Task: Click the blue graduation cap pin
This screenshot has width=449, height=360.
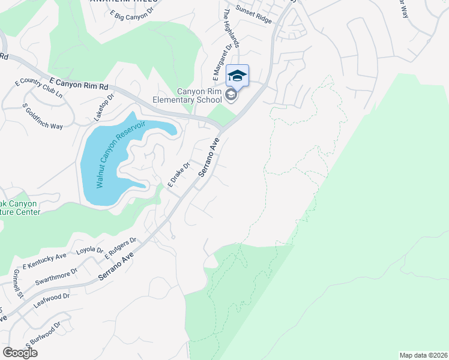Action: coord(237,76)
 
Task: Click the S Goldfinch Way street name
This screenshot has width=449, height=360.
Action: coord(43,116)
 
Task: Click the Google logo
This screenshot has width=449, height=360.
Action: coord(20,352)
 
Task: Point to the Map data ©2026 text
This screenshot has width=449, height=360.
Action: coord(423,355)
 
